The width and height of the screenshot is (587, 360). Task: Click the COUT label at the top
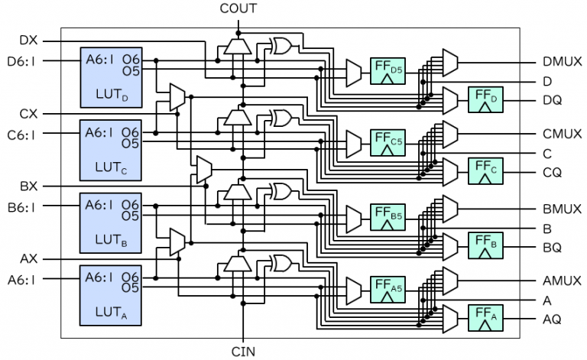click(239, 9)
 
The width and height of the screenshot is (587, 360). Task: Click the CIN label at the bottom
click(243, 352)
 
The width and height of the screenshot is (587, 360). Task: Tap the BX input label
click(29, 186)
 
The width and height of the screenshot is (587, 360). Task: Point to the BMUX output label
click(560, 207)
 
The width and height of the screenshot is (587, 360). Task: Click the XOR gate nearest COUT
click(281, 44)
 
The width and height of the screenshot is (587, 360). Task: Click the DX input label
click(29, 40)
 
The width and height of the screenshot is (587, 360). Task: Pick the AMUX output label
click(560, 281)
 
